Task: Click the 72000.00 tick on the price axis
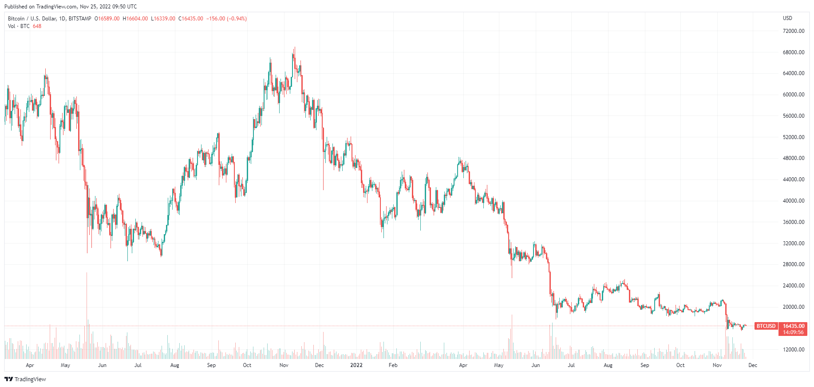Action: coord(793,31)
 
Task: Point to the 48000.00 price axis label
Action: coord(793,158)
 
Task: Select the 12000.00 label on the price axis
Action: coord(793,350)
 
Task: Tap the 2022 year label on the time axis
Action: coord(356,365)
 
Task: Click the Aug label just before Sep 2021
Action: coord(174,365)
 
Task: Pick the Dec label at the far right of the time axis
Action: coord(753,365)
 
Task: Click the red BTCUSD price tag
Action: coord(766,326)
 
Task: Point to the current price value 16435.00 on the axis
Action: coord(793,326)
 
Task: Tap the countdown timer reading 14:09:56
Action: coord(793,332)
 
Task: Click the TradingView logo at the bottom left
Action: coord(25,379)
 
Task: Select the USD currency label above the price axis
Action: coord(787,18)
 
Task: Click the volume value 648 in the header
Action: coord(37,26)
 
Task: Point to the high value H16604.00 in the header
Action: coord(135,19)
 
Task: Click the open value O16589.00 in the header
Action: coord(108,19)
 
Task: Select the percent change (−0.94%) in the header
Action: coord(237,19)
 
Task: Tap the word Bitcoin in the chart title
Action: coord(16,19)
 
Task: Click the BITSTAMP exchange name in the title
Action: coord(80,19)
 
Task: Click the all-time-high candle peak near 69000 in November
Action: coord(294,48)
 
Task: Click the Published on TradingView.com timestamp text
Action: coord(71,7)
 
